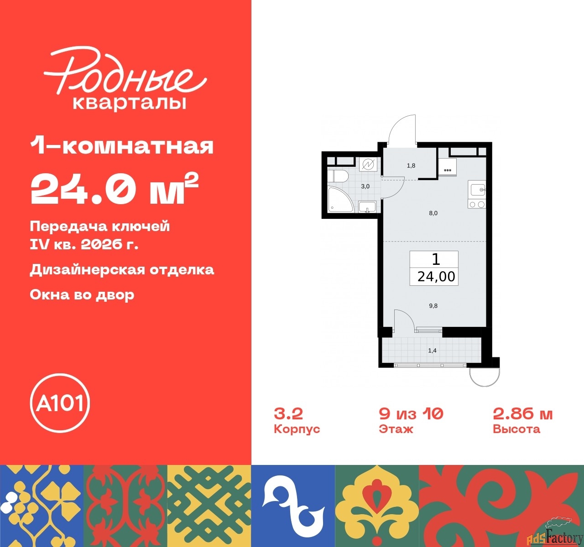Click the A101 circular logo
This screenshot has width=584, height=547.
click(x=60, y=403)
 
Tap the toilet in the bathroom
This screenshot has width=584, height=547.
click(x=338, y=176)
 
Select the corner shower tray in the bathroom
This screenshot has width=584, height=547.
click(x=339, y=201)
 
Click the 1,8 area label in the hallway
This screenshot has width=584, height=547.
click(x=411, y=165)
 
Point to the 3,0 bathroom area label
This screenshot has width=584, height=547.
click(x=365, y=186)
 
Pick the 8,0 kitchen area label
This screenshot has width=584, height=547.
click(x=433, y=213)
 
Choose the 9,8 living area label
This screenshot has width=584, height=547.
click(x=433, y=306)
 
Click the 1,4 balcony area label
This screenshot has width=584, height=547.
click(x=432, y=351)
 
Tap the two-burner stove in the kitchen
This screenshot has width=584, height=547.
click(x=477, y=205)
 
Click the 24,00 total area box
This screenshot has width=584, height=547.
click(x=436, y=276)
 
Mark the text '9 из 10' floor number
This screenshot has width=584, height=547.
click(x=411, y=414)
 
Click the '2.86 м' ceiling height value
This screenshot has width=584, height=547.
click(x=522, y=414)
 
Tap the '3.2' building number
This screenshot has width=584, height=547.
click(x=288, y=414)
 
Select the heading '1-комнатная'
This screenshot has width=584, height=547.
click(x=122, y=146)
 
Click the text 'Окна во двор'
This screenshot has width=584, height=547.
click(x=82, y=295)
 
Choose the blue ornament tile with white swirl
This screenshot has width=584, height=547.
click(x=293, y=506)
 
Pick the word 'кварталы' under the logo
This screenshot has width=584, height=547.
click(x=130, y=103)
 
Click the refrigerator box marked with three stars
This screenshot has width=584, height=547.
click(x=448, y=166)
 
